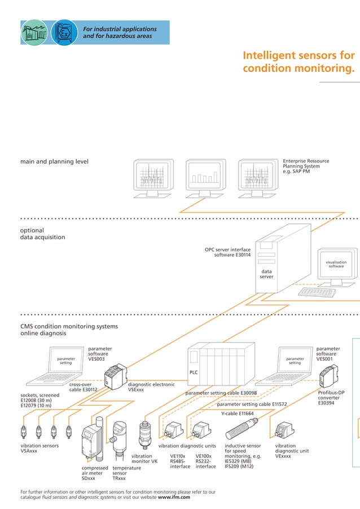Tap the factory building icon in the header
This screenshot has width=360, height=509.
click(x=35, y=33)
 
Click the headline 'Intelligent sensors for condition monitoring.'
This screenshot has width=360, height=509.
click(x=298, y=62)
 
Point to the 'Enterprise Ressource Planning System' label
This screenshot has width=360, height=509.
click(x=306, y=166)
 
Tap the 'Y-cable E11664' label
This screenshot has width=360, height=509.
click(x=237, y=414)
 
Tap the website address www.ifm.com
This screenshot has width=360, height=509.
click(x=174, y=498)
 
